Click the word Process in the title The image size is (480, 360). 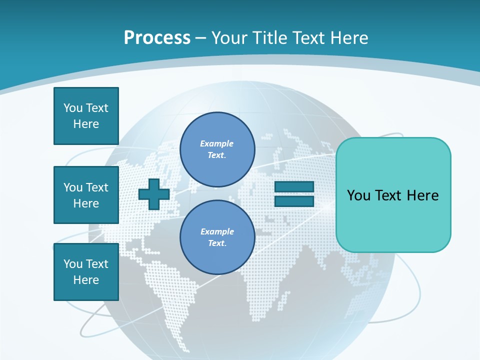click(x=157, y=38)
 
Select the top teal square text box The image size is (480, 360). click(x=86, y=116)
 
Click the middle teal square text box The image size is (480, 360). click(x=86, y=195)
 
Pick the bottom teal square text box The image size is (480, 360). click(x=86, y=272)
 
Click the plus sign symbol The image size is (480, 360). click(x=154, y=194)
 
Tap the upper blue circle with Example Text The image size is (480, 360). click(x=217, y=149)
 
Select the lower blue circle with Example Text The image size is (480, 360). click(x=217, y=237)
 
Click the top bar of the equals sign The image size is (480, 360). click(x=294, y=186)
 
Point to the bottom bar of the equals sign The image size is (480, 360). click(x=294, y=201)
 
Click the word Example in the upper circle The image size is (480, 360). click(x=216, y=143)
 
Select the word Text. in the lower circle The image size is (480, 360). click(x=217, y=243)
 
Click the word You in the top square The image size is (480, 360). click(x=73, y=108)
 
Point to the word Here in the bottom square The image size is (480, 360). click(x=86, y=280)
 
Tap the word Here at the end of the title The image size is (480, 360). click(x=350, y=38)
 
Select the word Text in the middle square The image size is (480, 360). click(x=97, y=187)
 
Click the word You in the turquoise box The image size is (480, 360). click(x=358, y=195)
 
